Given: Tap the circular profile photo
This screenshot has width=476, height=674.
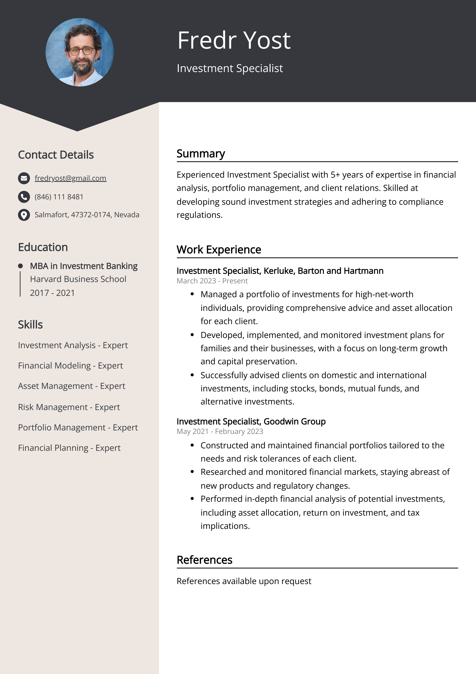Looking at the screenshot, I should (x=79, y=52).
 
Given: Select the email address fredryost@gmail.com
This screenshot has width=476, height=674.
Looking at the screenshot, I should (x=70, y=178).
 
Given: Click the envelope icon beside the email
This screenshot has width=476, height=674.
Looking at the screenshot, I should (x=24, y=178).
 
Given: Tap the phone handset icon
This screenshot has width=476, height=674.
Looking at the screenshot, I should (x=24, y=197).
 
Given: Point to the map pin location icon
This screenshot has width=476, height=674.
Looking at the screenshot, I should (x=24, y=215).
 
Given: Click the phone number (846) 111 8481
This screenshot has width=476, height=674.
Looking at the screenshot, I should (x=59, y=197).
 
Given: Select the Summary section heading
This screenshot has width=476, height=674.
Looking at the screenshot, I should (x=201, y=154).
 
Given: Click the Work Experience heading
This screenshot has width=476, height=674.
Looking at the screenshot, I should (x=219, y=250).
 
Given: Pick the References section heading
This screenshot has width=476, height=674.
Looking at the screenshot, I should (x=204, y=560).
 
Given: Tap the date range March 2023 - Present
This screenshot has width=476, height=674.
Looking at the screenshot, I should (x=212, y=281).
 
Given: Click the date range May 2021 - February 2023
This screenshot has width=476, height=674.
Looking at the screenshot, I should (x=220, y=431).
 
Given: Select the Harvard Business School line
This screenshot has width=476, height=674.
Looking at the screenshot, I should (x=78, y=279).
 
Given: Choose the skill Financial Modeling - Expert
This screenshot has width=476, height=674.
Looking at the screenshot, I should (x=70, y=365).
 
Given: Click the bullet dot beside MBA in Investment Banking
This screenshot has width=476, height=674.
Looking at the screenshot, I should (x=20, y=266).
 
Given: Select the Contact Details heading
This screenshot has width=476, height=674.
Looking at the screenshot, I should (x=56, y=155).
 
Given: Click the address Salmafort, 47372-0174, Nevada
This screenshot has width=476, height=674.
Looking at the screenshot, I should (x=87, y=215).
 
